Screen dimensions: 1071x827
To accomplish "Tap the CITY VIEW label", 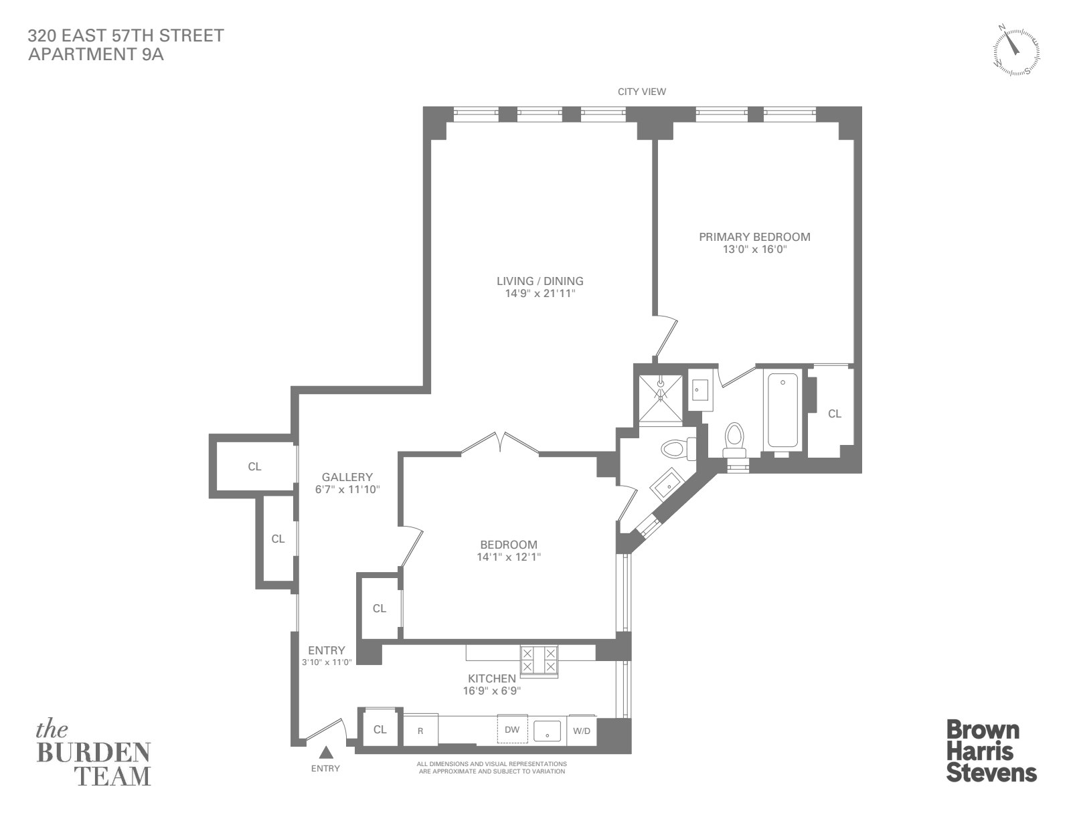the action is [x=642, y=92].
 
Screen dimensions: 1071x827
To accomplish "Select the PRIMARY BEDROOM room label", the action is [x=754, y=237].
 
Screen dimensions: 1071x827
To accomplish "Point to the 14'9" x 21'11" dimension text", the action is [x=540, y=294].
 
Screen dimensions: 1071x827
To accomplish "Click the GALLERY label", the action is [x=347, y=477].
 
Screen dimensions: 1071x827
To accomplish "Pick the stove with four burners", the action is [x=540, y=661].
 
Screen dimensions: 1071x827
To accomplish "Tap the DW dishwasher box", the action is [x=512, y=729].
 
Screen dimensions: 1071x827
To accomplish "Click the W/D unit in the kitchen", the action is [x=582, y=731].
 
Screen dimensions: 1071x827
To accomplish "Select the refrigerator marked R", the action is [x=420, y=731].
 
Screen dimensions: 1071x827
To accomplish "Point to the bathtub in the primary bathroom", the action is [x=782, y=409].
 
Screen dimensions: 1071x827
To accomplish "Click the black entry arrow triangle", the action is [x=326, y=753].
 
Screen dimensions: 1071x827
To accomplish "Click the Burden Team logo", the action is [x=94, y=754].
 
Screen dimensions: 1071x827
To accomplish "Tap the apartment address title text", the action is [x=126, y=44].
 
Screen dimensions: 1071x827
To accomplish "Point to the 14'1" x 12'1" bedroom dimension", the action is [x=509, y=557].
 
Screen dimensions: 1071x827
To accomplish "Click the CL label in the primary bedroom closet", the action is [x=835, y=413].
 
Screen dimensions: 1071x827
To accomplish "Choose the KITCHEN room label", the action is [x=492, y=678].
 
